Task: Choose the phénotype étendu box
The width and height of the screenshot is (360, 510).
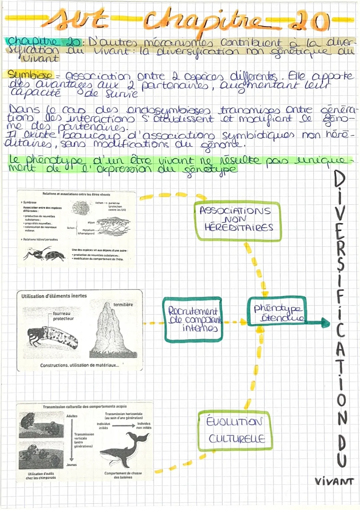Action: [277, 312]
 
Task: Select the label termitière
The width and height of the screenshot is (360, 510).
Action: [123, 304]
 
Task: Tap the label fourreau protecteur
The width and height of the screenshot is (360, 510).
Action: [63, 316]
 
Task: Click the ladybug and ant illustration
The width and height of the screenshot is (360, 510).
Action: [45, 254]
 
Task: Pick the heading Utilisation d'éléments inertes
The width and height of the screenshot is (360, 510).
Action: [54, 296]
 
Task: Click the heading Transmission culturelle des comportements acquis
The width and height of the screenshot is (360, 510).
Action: [85, 406]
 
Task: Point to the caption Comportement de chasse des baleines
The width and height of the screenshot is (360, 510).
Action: [123, 475]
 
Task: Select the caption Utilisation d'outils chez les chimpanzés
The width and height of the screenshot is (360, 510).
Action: [41, 475]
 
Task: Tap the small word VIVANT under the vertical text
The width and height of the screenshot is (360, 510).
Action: [334, 481]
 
